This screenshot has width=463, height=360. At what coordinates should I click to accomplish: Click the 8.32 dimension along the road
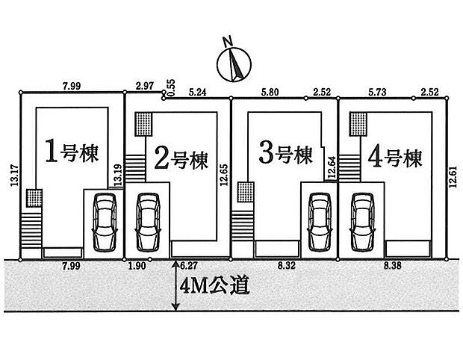coord(286,264)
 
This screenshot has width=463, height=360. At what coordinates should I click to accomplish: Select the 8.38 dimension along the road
coord(395,264)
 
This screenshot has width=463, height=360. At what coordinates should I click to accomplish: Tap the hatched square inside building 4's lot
coord(359,121)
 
